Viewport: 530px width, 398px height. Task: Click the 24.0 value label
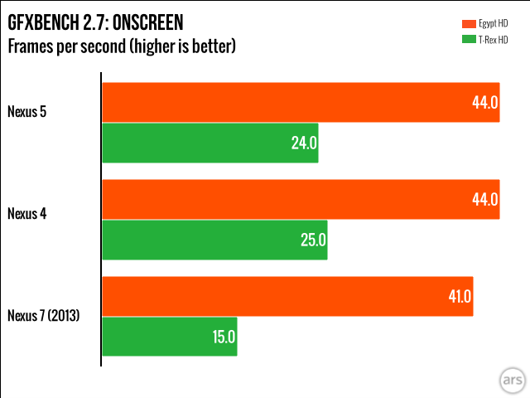304,143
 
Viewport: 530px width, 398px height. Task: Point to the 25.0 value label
313,240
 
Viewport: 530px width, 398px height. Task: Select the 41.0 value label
459,296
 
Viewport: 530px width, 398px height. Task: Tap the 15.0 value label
224,337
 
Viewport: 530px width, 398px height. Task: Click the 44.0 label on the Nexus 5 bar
484,102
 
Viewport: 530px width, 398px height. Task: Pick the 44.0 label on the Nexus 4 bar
484,199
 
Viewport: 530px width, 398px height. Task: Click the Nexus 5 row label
27,109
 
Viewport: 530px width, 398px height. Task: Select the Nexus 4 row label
27,213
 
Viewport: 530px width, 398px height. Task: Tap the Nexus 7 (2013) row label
43,315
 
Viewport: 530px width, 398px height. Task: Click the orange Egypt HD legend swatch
465,22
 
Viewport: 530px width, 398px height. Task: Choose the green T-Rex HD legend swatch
465,39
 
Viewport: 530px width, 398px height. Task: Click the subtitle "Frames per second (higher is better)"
122,46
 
